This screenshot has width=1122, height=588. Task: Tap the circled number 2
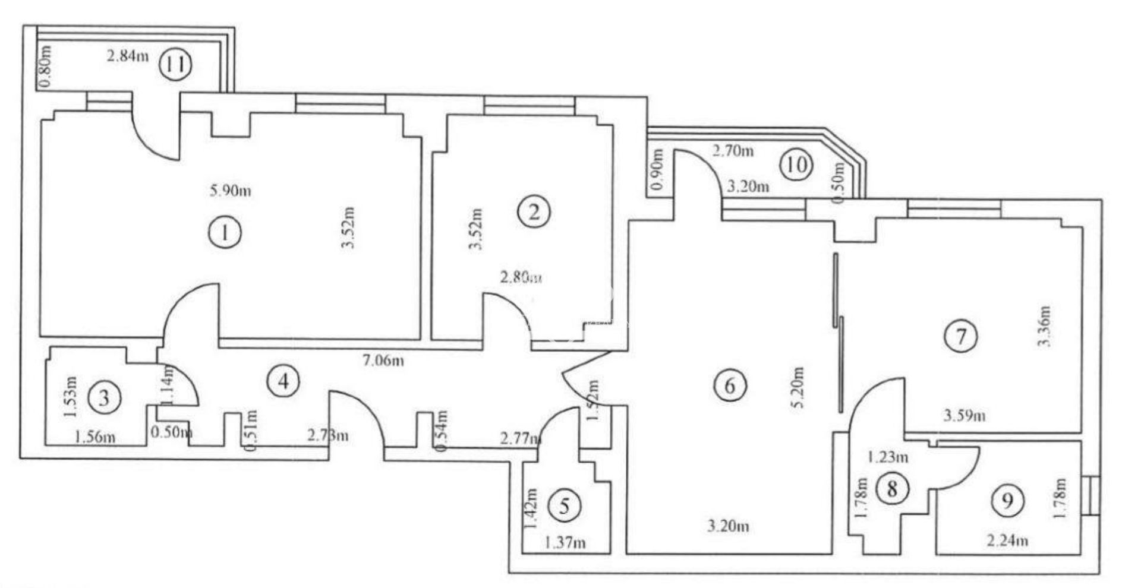534,212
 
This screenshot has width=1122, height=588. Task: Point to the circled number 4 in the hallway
283,381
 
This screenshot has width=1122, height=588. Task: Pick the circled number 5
565,506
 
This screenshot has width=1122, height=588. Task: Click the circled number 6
730,385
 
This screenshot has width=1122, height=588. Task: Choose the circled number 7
961,337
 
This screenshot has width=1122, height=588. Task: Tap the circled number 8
892,489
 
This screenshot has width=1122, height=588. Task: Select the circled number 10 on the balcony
796,165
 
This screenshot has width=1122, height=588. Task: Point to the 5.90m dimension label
231,191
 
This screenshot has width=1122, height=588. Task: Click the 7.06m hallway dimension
383,360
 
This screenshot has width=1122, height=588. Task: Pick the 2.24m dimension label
1007,540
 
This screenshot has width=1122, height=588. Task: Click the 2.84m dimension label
127,57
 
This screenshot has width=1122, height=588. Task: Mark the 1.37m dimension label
565,542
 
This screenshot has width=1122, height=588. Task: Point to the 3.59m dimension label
965,416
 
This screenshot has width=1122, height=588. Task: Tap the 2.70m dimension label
733,151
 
